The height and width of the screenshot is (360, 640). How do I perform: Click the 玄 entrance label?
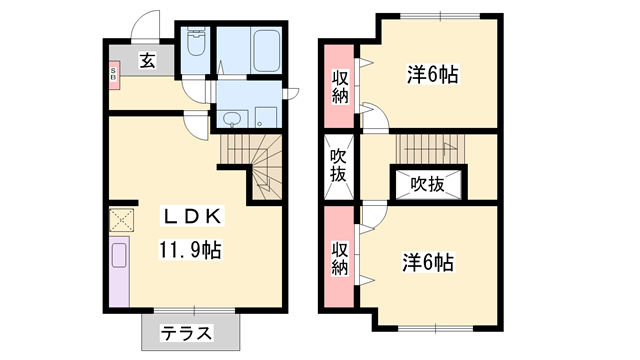(147, 60)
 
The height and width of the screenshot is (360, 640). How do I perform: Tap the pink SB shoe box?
(113, 74)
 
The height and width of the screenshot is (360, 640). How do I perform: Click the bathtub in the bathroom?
(266, 49)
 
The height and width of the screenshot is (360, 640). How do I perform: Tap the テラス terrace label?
(188, 333)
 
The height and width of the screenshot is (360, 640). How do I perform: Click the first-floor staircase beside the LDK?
(255, 165)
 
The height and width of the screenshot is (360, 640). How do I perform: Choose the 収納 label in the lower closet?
(339, 258)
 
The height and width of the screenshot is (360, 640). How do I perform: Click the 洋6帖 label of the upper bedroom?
(432, 75)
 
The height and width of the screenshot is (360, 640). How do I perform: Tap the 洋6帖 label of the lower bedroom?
(428, 263)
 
